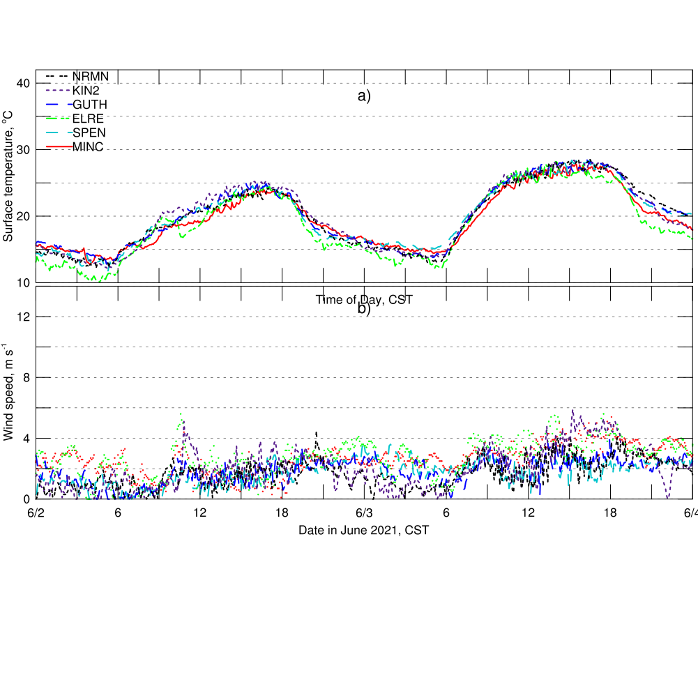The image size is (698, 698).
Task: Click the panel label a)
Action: (x=364, y=96)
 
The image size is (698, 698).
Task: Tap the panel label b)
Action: (x=364, y=309)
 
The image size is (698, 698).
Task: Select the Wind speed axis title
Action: (x=8, y=392)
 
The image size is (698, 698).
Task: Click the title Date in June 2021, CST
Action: (x=363, y=530)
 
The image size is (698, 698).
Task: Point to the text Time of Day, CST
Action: (x=364, y=300)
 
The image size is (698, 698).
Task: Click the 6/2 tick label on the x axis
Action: (x=36, y=513)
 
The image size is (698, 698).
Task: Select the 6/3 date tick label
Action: (x=363, y=513)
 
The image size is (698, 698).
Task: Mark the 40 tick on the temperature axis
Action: (x=24, y=84)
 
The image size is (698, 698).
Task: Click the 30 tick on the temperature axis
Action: (x=24, y=150)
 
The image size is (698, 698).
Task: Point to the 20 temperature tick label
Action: (x=24, y=216)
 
